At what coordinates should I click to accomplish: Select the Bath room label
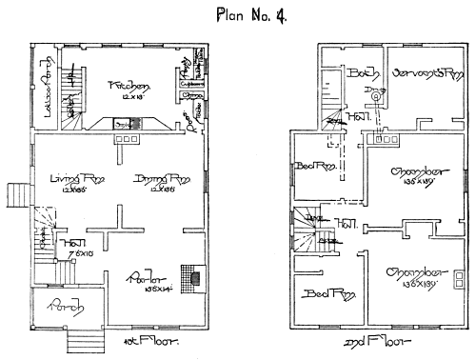[x=365, y=72]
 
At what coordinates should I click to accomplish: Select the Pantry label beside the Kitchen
[x=183, y=79]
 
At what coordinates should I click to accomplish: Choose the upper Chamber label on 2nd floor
[x=419, y=172]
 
